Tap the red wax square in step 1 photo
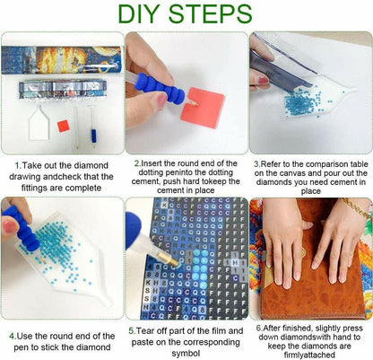[63, 126]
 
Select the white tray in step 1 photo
[39, 122]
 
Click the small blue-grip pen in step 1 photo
[93, 127]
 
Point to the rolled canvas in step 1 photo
[61, 60]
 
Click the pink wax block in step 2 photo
[203, 108]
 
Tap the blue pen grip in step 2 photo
[160, 88]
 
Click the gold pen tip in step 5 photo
[169, 259]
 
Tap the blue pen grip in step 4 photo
[22, 227]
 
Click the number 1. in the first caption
[19, 165]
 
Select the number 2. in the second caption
[138, 163]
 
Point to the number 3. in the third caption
[257, 164]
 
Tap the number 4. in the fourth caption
[13, 336]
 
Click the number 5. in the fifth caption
[133, 331]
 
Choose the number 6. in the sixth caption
[259, 328]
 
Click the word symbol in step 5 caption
[186, 354]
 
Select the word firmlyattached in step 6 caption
[309, 356]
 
